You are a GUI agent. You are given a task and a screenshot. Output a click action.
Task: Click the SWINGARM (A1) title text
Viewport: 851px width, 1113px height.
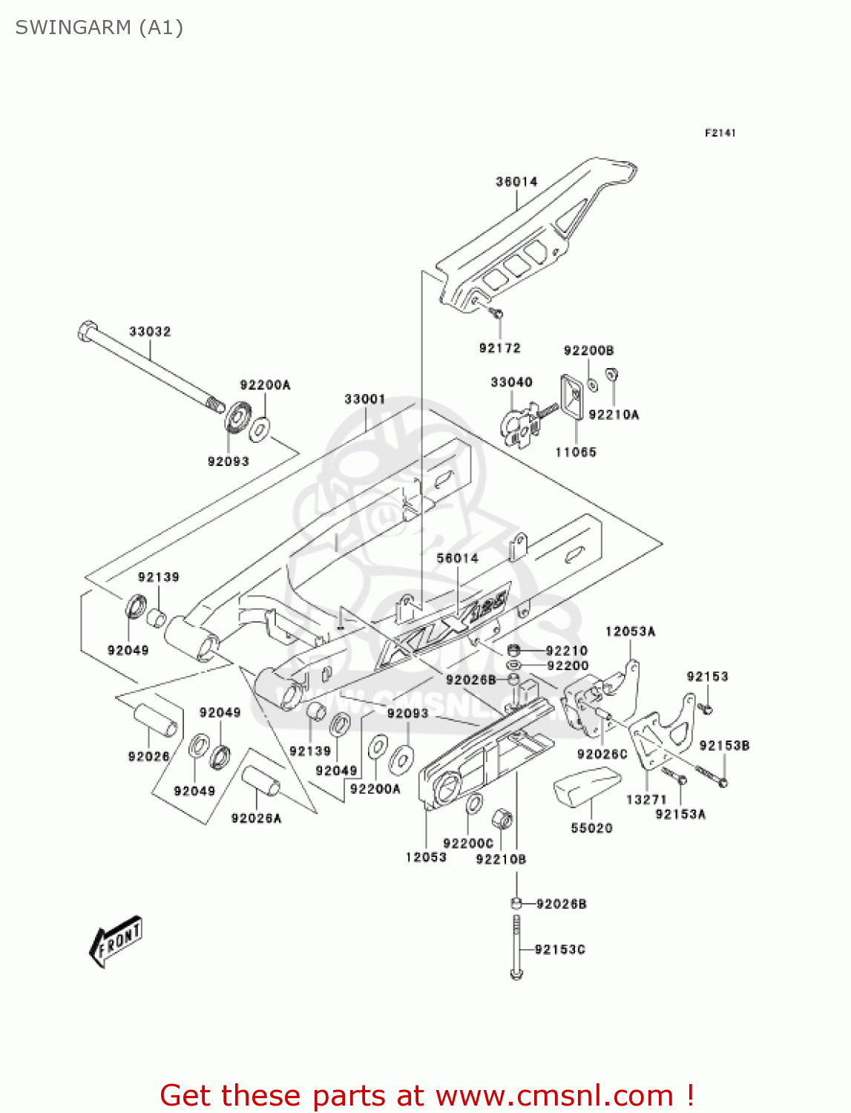pos(99,27)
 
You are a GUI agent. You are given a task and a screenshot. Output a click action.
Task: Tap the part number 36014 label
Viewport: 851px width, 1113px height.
pos(516,182)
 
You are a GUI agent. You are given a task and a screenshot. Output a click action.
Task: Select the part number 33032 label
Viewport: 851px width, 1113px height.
pos(150,332)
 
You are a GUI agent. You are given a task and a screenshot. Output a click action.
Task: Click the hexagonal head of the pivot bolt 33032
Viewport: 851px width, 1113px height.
pos(86,331)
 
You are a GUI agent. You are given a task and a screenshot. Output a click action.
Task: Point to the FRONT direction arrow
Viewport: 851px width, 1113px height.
pos(116,942)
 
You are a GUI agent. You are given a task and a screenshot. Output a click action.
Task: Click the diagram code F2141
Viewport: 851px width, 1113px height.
pos(720,133)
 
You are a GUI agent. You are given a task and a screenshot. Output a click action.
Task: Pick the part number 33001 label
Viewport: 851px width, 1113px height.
pos(364,399)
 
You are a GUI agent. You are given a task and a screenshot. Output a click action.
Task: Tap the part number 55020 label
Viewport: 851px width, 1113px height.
pos(591,828)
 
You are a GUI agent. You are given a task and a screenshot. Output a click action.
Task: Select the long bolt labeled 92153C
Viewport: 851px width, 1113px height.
pos(516,948)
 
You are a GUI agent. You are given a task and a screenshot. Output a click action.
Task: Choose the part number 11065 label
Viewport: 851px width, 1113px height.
pos(576,452)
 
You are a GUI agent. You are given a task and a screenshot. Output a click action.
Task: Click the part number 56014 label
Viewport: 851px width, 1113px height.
pos(457,558)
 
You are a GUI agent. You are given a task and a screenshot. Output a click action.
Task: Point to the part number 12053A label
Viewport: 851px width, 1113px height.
pos(630,631)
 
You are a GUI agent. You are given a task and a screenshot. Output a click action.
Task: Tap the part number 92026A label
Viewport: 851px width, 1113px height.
pos(256,818)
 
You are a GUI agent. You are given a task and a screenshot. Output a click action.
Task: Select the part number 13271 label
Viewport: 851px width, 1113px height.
pos(645,799)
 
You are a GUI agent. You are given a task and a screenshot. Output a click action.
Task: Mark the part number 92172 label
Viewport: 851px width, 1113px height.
pos(499,348)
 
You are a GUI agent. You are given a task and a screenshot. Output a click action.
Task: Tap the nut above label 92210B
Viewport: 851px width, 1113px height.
pos(502,819)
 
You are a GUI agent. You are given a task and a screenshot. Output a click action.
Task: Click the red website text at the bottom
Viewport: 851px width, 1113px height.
pos(427,1095)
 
